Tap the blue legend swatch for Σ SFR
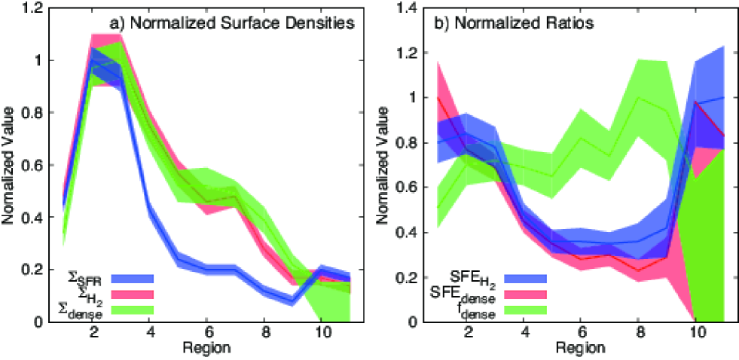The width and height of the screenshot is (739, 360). [x=133, y=278]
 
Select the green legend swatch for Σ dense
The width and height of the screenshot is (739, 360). [x=133, y=309]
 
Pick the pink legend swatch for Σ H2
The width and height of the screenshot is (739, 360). [x=133, y=294]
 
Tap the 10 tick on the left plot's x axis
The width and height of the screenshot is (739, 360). [x=320, y=334]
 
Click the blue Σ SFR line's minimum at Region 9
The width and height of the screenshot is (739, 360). [x=292, y=300]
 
